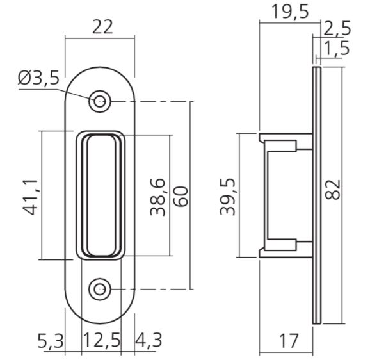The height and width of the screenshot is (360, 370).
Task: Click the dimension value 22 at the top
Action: click(x=102, y=28)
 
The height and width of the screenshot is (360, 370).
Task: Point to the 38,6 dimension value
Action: click(x=158, y=197)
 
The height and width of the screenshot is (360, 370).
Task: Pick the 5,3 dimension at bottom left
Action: click(x=51, y=341)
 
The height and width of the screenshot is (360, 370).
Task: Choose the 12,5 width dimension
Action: click(x=102, y=341)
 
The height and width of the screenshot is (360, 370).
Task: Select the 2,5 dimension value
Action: click(x=337, y=29)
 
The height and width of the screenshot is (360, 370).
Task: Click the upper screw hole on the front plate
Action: click(x=99, y=101)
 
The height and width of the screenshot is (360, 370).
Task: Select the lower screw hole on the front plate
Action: click(x=99, y=290)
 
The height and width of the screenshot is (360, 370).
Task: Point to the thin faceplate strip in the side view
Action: click(x=316, y=192)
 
